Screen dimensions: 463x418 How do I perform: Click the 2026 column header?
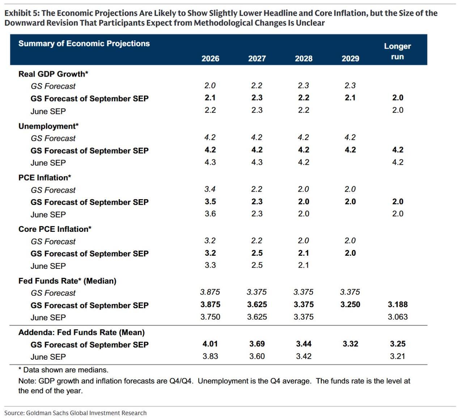[x=210, y=58]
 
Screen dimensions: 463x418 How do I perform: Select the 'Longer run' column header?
[x=398, y=51]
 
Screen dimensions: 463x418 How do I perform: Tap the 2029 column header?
[x=351, y=58]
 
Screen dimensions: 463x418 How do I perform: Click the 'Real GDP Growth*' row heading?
[x=53, y=74]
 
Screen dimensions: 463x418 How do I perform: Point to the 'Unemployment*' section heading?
[x=48, y=126]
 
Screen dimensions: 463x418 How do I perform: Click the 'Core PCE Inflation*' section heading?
[x=55, y=229]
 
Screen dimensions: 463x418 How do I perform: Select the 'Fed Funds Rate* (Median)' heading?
[x=67, y=281]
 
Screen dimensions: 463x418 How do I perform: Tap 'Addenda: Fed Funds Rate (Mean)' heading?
[x=81, y=333]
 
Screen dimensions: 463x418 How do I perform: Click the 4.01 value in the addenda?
[x=210, y=344]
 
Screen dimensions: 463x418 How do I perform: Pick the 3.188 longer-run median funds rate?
[x=398, y=305]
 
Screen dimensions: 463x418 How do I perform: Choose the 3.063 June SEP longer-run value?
[x=398, y=317]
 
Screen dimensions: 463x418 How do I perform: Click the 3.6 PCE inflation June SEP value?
[x=210, y=214]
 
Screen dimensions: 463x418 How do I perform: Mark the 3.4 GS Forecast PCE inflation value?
[x=210, y=189]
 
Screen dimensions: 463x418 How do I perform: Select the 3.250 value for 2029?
[x=351, y=305]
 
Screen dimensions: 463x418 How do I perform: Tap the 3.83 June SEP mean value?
[x=210, y=356]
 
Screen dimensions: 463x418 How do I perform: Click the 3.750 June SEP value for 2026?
[x=210, y=317]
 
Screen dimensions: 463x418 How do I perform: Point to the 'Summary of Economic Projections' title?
[x=84, y=44]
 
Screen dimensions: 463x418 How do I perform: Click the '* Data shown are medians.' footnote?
[x=63, y=370]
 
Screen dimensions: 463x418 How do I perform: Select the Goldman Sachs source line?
[x=76, y=413]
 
